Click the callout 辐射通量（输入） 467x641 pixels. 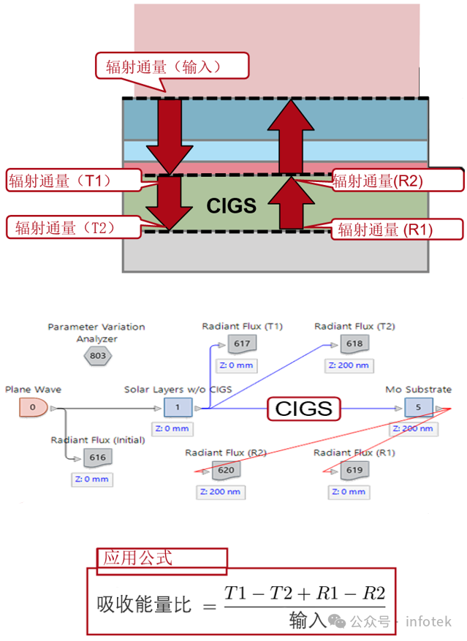click(x=172, y=67)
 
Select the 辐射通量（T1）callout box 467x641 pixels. click(x=74, y=181)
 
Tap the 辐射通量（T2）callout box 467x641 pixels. click(x=74, y=227)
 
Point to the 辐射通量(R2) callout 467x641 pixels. click(x=398, y=181)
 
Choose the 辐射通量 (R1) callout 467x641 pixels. click(x=397, y=230)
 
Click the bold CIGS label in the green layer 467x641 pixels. click(x=232, y=205)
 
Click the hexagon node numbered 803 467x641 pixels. click(x=98, y=356)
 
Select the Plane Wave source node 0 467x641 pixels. click(x=34, y=408)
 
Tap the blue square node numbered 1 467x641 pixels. click(x=178, y=407)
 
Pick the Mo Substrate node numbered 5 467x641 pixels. click(x=418, y=407)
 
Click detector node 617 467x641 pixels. click(x=242, y=344)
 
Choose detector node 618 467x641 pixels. click(x=354, y=344)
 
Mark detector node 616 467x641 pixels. click(x=98, y=458)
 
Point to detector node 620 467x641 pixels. click(x=226, y=470)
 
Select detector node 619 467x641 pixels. click(x=354, y=470)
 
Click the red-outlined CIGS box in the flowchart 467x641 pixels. click(x=304, y=409)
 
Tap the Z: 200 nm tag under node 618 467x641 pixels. click(x=349, y=365)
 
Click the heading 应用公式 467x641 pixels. click(x=137, y=558)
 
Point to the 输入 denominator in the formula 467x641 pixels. click(x=308, y=620)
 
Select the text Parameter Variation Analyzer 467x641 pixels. click(x=96, y=333)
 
